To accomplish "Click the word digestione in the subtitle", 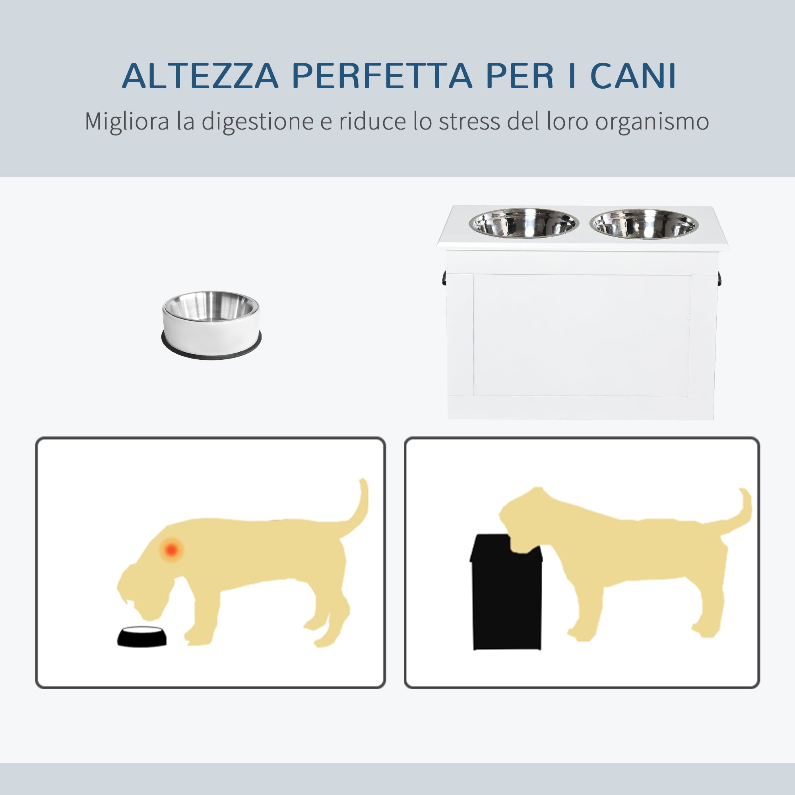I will click(x=257, y=122).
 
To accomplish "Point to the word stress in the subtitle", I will click(x=469, y=122).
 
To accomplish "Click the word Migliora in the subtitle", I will click(x=127, y=122).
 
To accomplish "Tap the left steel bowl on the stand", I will click(x=524, y=223).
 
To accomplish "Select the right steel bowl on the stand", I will click(x=644, y=224).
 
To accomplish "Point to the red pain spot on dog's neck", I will click(x=172, y=549).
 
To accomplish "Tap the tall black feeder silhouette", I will click(x=506, y=593).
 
